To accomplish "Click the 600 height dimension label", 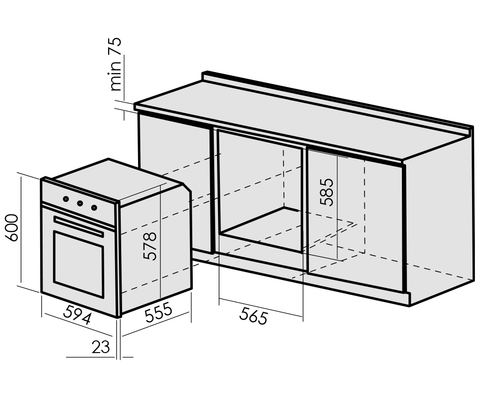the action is [x=13, y=228].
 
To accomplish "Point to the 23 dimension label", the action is [x=101, y=347].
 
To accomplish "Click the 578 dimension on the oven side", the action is [x=150, y=246].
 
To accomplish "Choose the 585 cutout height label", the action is [x=326, y=192].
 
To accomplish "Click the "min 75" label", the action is [x=116, y=64].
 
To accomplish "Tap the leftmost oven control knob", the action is [x=66, y=199].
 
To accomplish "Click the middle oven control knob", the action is [x=80, y=203].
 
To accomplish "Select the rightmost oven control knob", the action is [x=95, y=208].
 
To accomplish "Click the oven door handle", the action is [x=79, y=226].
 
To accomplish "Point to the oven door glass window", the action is [x=79, y=264].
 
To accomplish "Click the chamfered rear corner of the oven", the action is [x=187, y=187].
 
